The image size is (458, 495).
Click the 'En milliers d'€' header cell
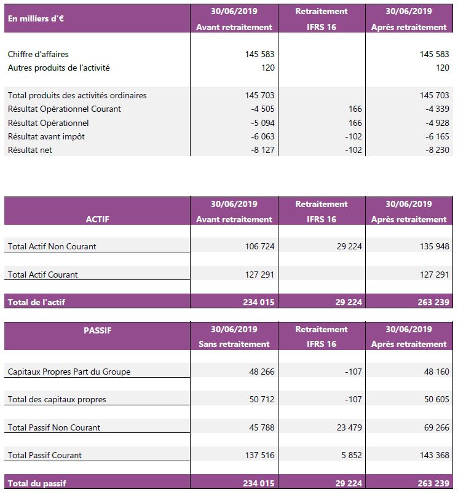coord(36,18)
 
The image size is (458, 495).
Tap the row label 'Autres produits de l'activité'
coord(58,68)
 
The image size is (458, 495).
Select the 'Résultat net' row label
coord(30,150)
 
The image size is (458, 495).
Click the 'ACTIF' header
coord(98,219)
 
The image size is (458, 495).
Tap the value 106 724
coord(259,246)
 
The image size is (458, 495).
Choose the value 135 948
coord(434,246)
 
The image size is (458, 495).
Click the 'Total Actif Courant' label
coord(42,275)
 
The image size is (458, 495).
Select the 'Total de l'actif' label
coord(36,302)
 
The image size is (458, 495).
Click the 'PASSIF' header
coord(98,330)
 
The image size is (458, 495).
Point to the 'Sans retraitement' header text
coord(234,344)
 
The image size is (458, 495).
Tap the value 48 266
coord(261,372)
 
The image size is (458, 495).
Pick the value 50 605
coord(436,399)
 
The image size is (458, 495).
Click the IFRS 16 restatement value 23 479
coord(349,427)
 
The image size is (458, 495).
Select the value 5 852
coord(352,455)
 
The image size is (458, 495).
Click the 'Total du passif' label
coord(37,483)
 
